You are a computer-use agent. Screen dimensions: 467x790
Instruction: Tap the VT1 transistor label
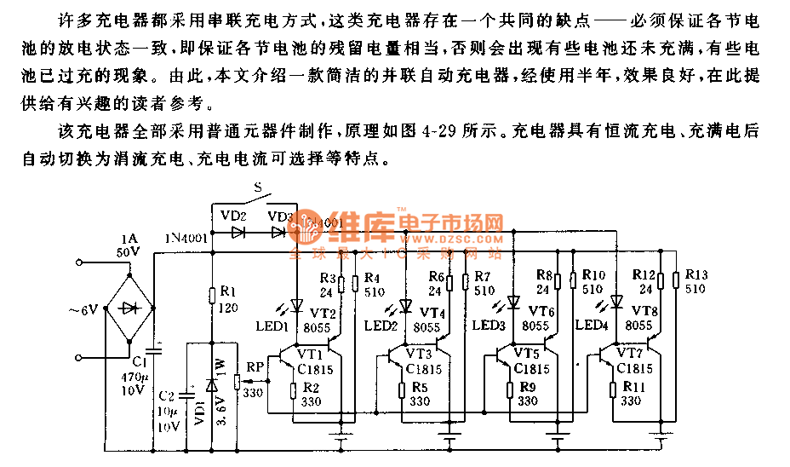pyautogui.click(x=310, y=354)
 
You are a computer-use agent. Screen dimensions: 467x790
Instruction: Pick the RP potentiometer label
pyautogui.click(x=255, y=367)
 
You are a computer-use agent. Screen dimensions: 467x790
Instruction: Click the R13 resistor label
pyautogui.click(x=696, y=274)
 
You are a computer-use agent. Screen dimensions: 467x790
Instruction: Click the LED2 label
pyautogui.click(x=381, y=326)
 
